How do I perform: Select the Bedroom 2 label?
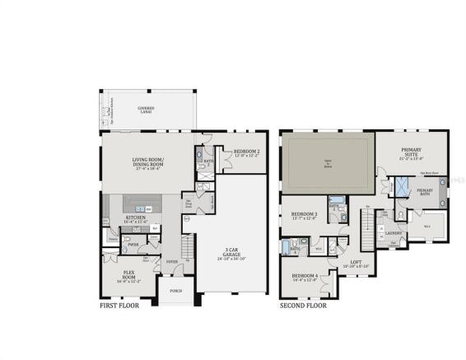[247, 152]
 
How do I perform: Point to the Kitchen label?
[134, 220]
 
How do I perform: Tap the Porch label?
[175, 291]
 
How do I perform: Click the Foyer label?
[172, 262]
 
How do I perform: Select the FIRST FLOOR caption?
[119, 306]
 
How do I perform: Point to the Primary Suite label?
[411, 152]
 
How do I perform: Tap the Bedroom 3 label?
[305, 216]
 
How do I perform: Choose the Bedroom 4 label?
[304, 277]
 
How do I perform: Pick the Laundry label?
[393, 232]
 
